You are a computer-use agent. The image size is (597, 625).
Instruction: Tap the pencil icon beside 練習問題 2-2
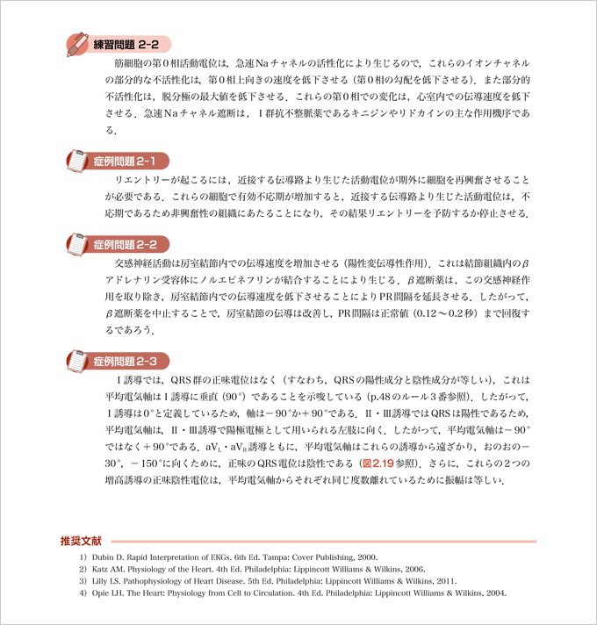pyautogui.click(x=78, y=43)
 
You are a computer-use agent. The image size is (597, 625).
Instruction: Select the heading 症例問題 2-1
pyautogui.click(x=130, y=162)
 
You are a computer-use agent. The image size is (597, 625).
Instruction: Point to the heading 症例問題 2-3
pyautogui.click(x=130, y=361)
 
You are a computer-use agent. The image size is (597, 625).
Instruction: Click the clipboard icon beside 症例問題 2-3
pyautogui.click(x=77, y=360)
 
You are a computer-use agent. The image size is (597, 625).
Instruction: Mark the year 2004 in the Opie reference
pyautogui.click(x=493, y=593)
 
